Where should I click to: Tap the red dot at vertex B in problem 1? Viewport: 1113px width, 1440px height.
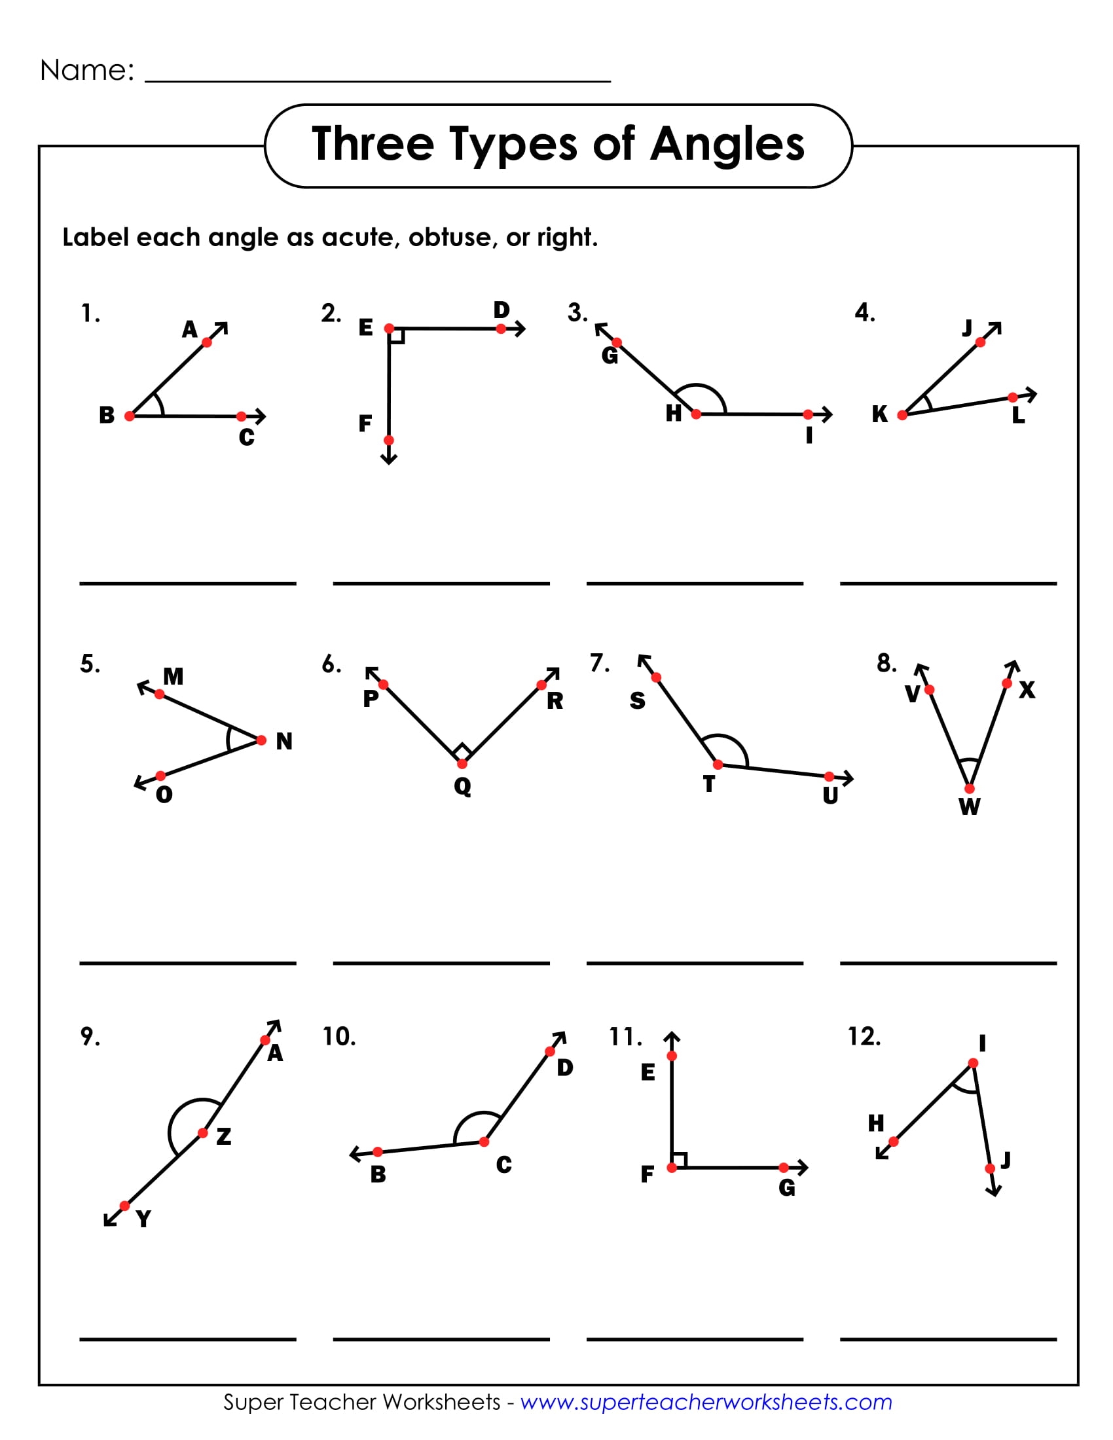pyautogui.click(x=130, y=416)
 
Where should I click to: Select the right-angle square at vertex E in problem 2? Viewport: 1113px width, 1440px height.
pyautogui.click(x=396, y=336)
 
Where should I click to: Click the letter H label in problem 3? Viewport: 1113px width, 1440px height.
pyautogui.click(x=673, y=414)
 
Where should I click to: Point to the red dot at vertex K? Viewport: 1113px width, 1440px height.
pyautogui.click(x=902, y=415)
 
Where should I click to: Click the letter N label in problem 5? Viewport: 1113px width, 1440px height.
pyautogui.click(x=284, y=741)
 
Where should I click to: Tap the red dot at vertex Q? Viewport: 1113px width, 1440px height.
pyautogui.click(x=462, y=763)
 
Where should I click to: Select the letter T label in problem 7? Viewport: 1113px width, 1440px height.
pyautogui.click(x=709, y=784)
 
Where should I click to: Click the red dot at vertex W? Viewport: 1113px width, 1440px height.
pyautogui.click(x=969, y=789)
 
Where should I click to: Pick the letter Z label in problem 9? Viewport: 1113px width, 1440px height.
pyautogui.click(x=224, y=1136)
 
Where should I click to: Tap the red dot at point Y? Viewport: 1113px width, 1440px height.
pyautogui.click(x=124, y=1206)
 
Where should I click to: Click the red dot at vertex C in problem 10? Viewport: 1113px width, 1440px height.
pyautogui.click(x=484, y=1142)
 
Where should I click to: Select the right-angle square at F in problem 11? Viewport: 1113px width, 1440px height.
pyautogui.click(x=679, y=1160)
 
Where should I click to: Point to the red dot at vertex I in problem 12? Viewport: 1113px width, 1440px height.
pyautogui.click(x=973, y=1063)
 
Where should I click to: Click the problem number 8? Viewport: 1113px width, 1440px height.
pyautogui.click(x=886, y=663)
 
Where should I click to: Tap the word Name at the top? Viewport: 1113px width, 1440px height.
pyautogui.click(x=86, y=70)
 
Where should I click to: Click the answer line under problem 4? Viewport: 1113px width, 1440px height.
pyautogui.click(x=948, y=583)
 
